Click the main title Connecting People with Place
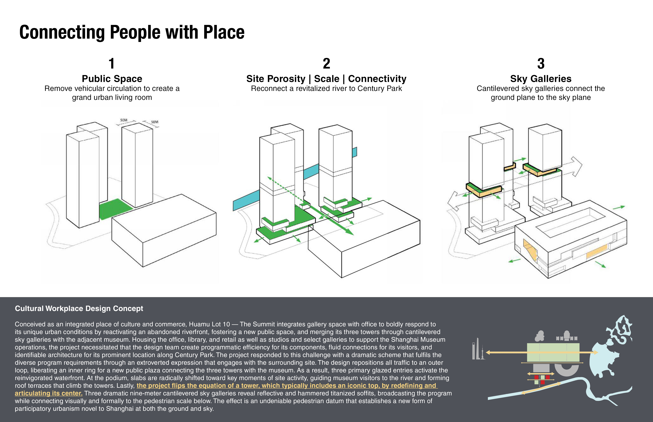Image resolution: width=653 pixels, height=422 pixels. (x=132, y=32)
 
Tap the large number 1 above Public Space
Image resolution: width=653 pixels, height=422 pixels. (x=111, y=64)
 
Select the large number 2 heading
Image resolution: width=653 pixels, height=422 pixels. (x=326, y=64)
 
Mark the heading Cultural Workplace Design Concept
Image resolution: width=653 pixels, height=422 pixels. (x=79, y=309)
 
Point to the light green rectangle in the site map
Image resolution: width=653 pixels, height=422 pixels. (x=553, y=352)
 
